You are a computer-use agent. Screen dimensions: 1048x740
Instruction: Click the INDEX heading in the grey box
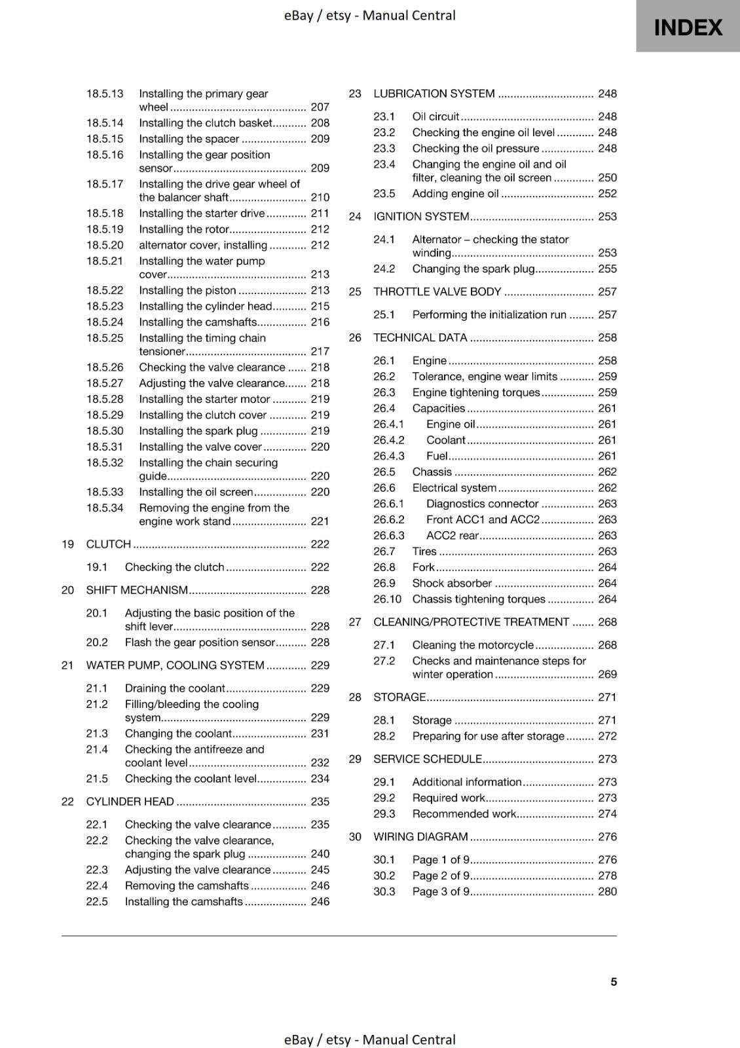(x=688, y=28)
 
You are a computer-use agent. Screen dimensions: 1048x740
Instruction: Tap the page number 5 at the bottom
(x=614, y=982)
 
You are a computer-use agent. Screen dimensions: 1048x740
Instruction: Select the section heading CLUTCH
(x=109, y=544)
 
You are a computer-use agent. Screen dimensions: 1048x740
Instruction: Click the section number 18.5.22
(x=105, y=290)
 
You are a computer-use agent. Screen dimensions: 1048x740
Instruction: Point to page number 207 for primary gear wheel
(x=320, y=107)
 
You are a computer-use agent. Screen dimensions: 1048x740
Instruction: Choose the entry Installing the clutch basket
(x=206, y=123)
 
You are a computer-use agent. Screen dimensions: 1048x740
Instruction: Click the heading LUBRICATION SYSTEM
(x=434, y=94)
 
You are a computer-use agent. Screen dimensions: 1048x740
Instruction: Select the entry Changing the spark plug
(x=473, y=269)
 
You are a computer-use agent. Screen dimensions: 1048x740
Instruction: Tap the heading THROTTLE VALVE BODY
(x=437, y=292)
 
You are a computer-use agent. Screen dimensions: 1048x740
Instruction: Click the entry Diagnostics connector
(x=482, y=504)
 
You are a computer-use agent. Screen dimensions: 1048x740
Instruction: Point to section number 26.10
(x=387, y=599)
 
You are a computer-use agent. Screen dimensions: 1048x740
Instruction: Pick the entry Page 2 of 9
(x=441, y=876)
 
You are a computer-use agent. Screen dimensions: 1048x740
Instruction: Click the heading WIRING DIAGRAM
(x=420, y=837)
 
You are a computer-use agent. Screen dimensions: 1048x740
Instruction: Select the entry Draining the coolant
(x=175, y=688)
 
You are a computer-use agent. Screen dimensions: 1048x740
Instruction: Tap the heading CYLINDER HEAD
(x=130, y=802)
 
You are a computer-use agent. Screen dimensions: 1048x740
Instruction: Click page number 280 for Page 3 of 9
(x=607, y=891)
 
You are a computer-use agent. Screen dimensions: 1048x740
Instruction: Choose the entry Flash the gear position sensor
(x=200, y=643)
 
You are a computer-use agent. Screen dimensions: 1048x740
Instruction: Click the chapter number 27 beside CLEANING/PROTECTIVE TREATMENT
(x=355, y=622)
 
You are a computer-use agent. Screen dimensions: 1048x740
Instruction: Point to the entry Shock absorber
(x=452, y=584)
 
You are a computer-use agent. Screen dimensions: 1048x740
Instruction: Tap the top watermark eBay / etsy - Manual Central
(x=369, y=15)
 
